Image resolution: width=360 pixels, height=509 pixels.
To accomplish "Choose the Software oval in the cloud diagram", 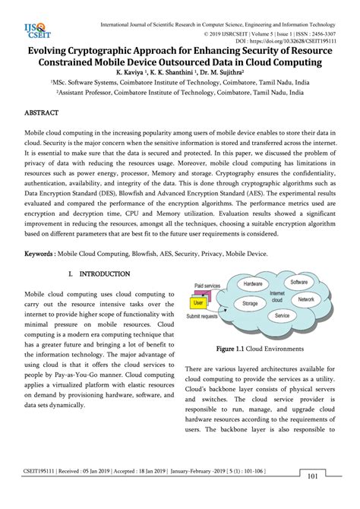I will point(299,283).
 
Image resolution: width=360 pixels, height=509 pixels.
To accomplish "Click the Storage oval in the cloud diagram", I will point(249,302).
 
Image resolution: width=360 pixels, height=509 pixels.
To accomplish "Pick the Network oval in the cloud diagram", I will point(305,300).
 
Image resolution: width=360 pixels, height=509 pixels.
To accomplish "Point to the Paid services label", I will point(207,286).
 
